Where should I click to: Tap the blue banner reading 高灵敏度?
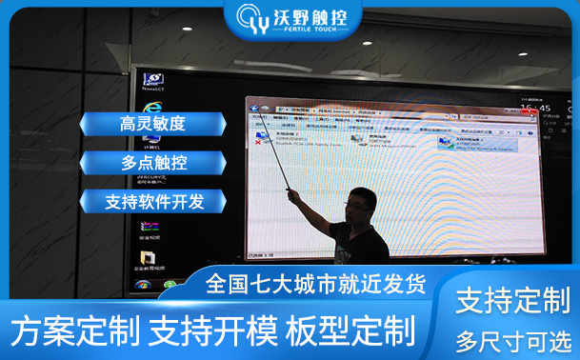tap(152, 124)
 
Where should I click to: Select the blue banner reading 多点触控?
tap(152, 163)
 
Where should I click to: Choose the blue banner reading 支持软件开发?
tap(152, 202)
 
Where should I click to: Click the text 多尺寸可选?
tap(512, 339)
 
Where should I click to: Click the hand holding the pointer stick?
tap(293, 196)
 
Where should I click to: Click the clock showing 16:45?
tap(544, 110)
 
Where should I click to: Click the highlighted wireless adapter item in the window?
tap(467, 143)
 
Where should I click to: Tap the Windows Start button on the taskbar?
tap(143, 284)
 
